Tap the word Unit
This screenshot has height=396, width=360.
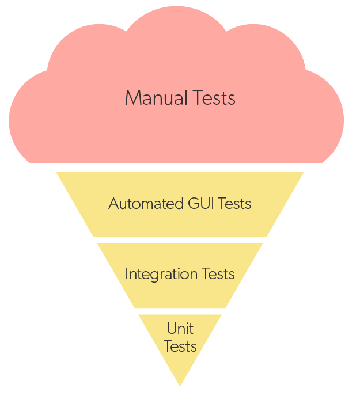(x=180, y=329)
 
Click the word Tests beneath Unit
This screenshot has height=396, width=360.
(x=180, y=346)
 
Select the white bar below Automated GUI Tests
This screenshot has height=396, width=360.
(x=180, y=239)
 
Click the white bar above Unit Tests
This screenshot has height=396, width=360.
(x=180, y=311)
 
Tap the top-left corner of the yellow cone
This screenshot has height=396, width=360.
(x=56, y=172)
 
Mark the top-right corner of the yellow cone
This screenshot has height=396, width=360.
(x=304, y=172)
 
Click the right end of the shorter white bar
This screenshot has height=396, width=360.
(x=229, y=311)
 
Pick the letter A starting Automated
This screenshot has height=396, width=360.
(x=113, y=204)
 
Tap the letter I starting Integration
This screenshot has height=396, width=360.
(x=127, y=274)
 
